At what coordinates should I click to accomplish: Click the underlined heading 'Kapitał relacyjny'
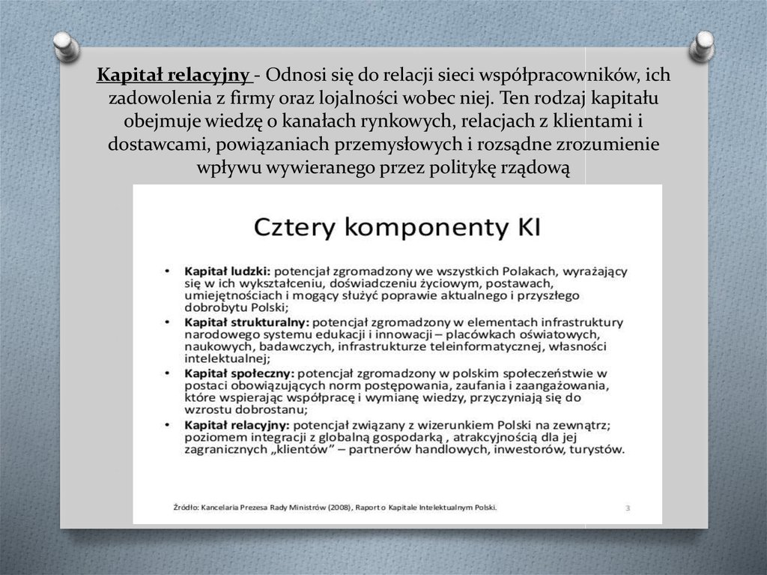click(174, 76)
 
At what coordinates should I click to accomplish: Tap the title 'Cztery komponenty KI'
click(398, 226)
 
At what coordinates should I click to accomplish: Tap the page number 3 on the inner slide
click(628, 508)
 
